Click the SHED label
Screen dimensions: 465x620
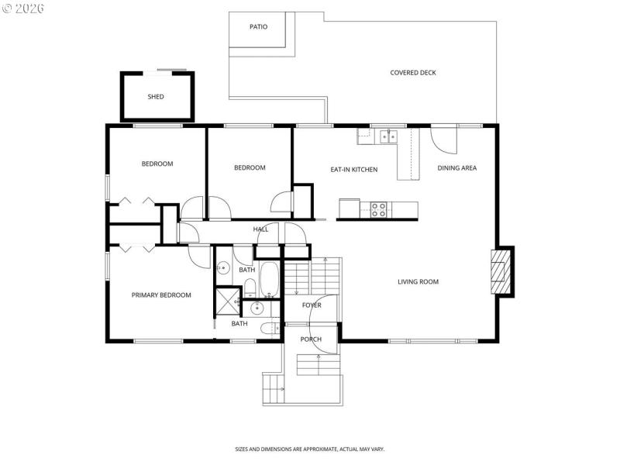(156, 97)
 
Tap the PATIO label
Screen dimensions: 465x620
(258, 26)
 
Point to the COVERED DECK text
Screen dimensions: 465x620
(412, 73)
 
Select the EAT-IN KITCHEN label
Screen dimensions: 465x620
(353, 169)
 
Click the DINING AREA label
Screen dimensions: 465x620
(456, 168)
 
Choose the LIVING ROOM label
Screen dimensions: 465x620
(418, 281)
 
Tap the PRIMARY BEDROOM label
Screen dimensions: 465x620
(160, 294)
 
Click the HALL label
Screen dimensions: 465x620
(260, 229)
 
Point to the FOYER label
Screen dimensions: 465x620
(312, 305)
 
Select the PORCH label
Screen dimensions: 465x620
(311, 339)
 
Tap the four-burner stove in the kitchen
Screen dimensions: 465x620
(378, 209)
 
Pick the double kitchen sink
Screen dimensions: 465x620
(387, 137)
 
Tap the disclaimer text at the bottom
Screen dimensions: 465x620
(310, 449)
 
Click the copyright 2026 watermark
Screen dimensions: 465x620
(23, 9)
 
